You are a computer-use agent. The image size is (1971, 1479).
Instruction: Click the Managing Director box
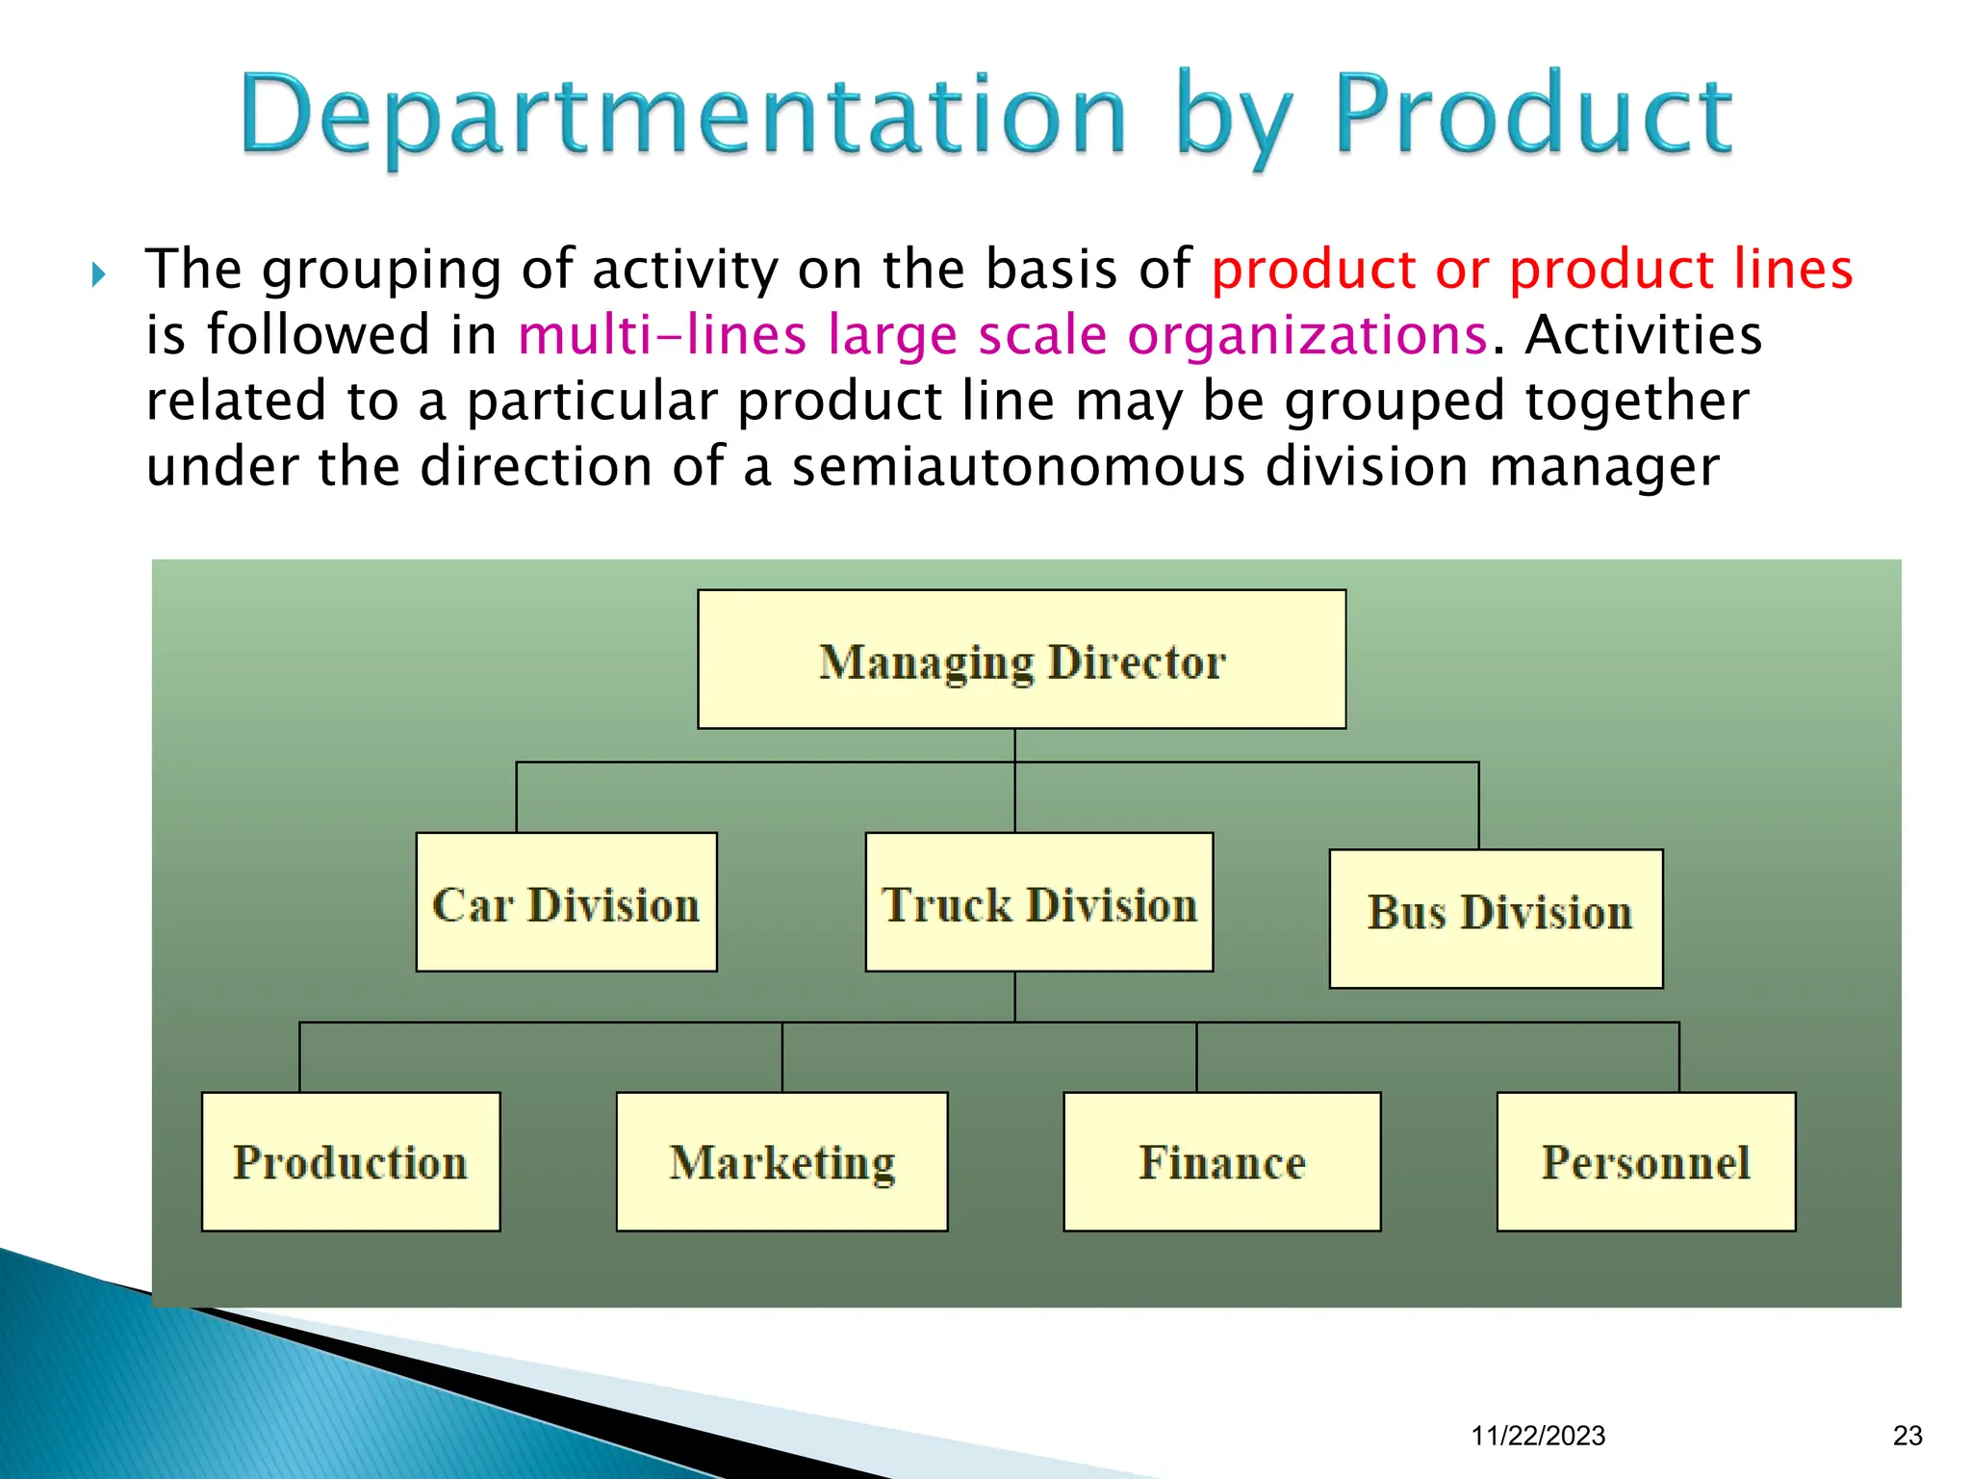pyautogui.click(x=1021, y=660)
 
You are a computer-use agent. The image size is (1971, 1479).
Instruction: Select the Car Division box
pyautogui.click(x=566, y=902)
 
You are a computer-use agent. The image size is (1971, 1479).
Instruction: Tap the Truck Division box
pyautogui.click(x=1038, y=902)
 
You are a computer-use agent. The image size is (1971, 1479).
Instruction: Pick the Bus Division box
pyautogui.click(x=1496, y=919)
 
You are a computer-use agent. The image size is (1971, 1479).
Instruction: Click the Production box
pyautogui.click(x=350, y=1161)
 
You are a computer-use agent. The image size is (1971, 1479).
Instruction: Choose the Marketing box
pyautogui.click(x=781, y=1161)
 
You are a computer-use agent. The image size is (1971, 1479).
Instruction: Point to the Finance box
pyautogui.click(x=1221, y=1161)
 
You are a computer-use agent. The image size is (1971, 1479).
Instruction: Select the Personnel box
pyautogui.click(x=1646, y=1161)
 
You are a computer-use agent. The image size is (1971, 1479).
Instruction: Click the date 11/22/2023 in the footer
pyautogui.click(x=1538, y=1436)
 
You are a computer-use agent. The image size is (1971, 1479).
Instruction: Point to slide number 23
pyautogui.click(x=1907, y=1436)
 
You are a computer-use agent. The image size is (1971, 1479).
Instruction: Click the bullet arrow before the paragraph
pyautogui.click(x=98, y=275)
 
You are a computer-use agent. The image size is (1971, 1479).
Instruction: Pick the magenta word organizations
pyautogui.click(x=1307, y=336)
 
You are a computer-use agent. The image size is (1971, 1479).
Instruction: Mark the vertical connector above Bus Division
pyautogui.click(x=1478, y=806)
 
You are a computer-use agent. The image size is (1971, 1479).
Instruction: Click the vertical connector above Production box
pyautogui.click(x=300, y=1056)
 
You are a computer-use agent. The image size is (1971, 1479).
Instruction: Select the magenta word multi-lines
pyautogui.click(x=661, y=336)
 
